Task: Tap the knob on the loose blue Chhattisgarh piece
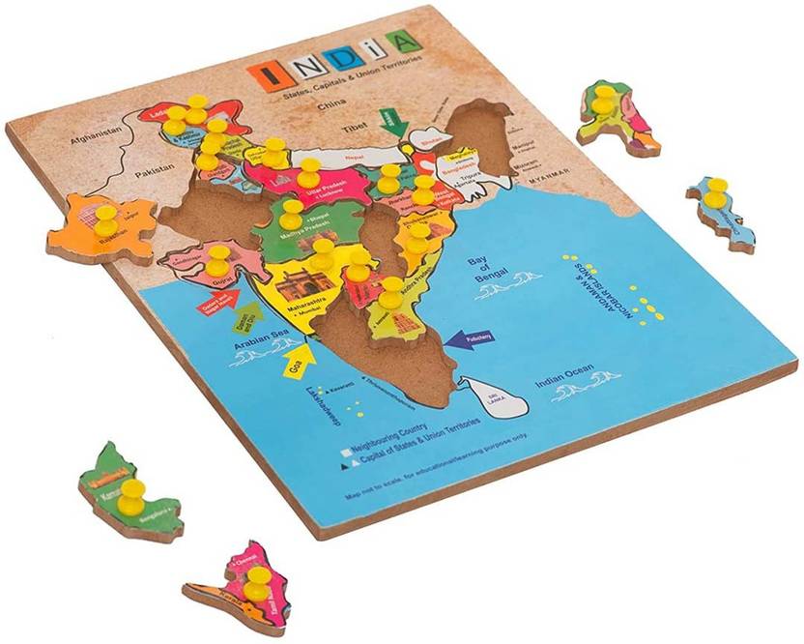click(716, 192)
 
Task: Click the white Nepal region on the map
click(359, 153)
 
